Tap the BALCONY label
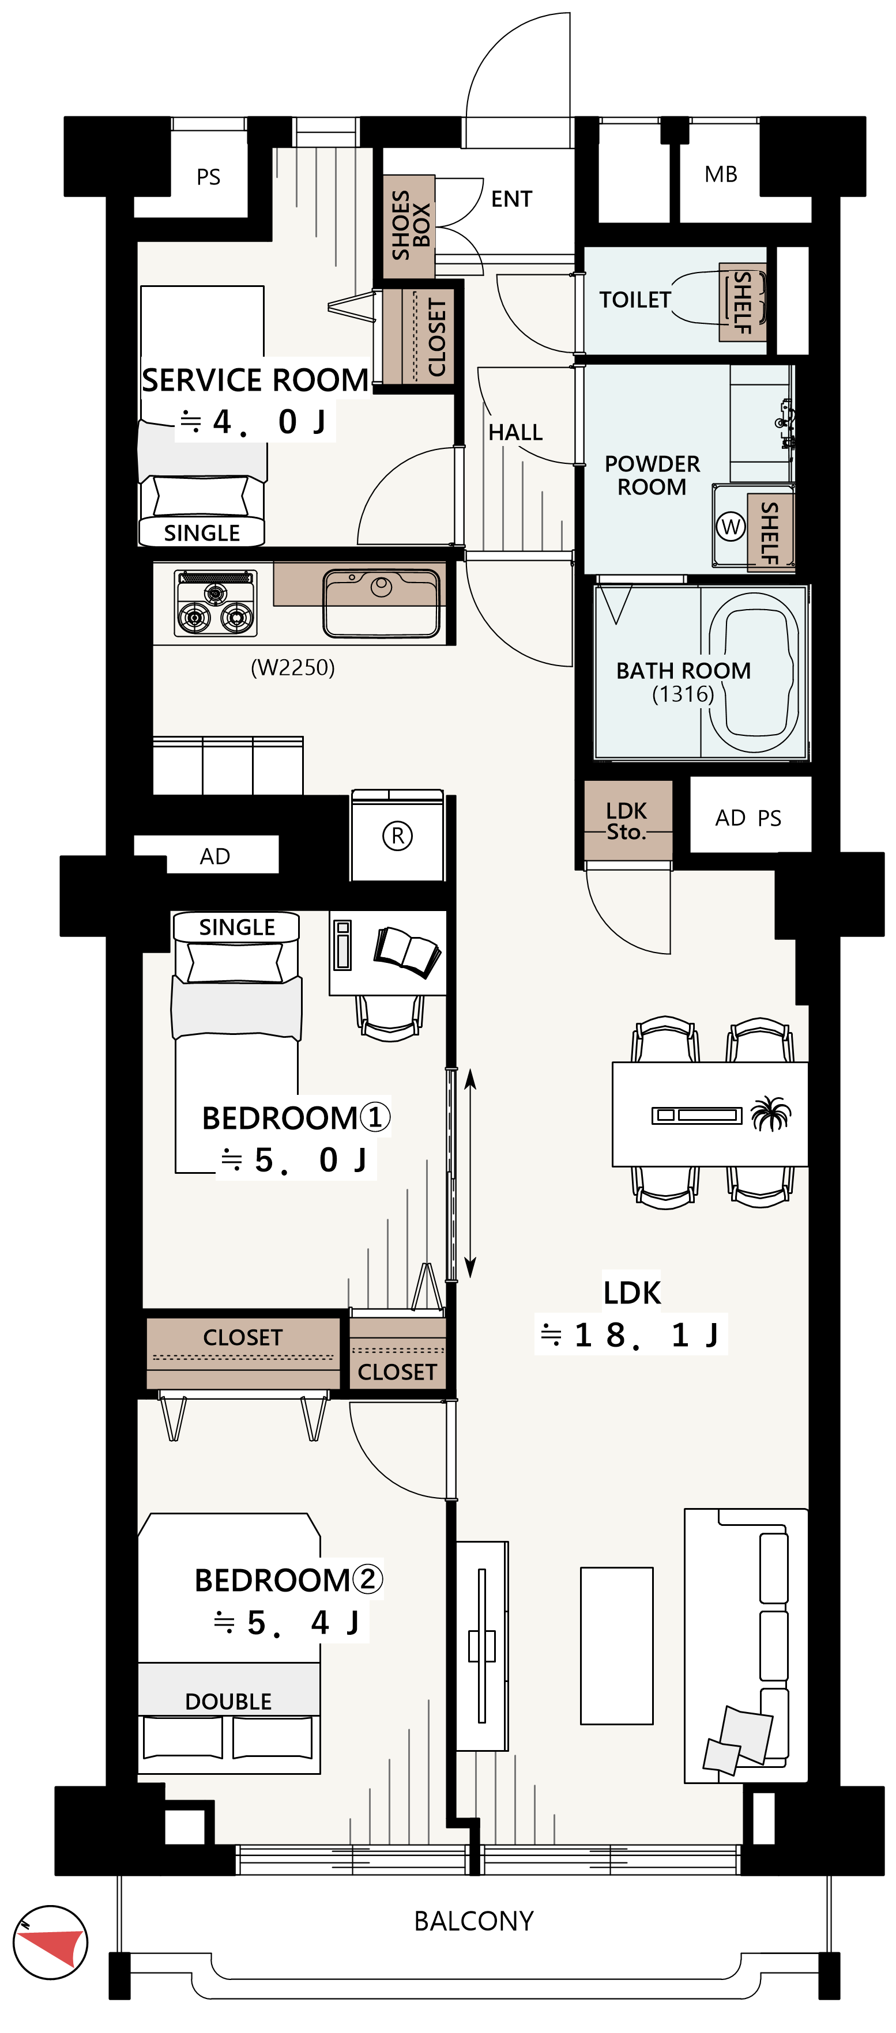point(473,1920)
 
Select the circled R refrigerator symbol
point(397,835)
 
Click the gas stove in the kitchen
point(216,603)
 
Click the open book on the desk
point(406,951)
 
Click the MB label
point(721,175)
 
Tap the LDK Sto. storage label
point(626,821)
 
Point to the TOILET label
point(635,300)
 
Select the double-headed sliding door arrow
point(470,1173)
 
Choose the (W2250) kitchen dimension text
point(293,668)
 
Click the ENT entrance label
point(511,199)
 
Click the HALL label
point(515,433)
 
